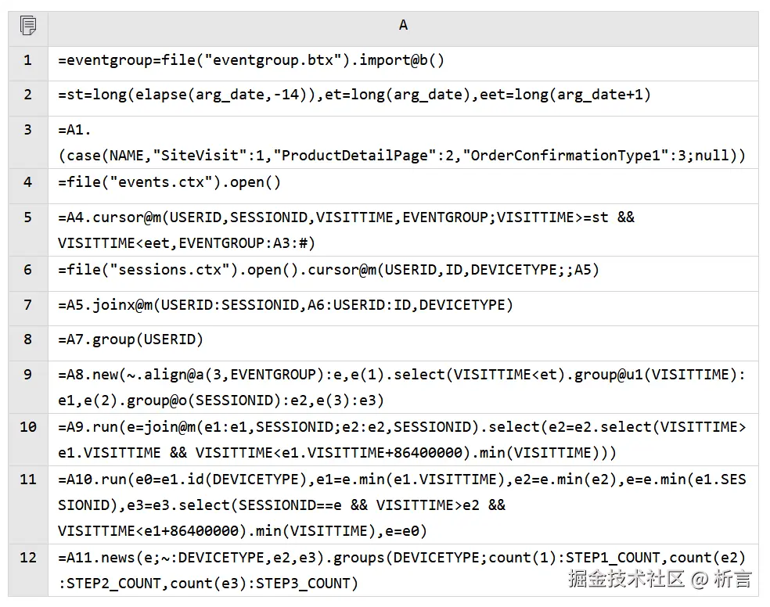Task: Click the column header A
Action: (x=403, y=26)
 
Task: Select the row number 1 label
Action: (x=28, y=60)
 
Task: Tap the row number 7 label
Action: (x=28, y=304)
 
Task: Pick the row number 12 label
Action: (x=28, y=557)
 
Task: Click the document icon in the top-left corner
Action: (x=28, y=26)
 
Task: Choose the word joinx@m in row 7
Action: (x=122, y=304)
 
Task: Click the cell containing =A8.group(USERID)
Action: (x=131, y=339)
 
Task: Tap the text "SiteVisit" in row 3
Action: (x=192, y=155)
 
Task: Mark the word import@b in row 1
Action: (x=394, y=60)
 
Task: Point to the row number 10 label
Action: (x=28, y=426)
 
